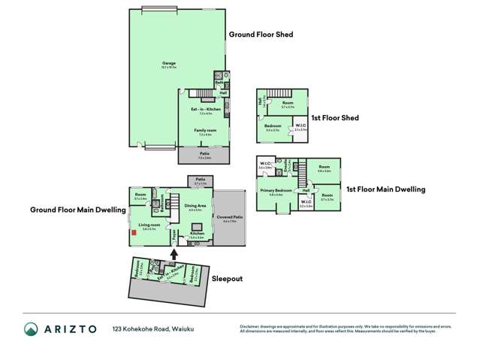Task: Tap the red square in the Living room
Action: (134, 232)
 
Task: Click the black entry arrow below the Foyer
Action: (175, 253)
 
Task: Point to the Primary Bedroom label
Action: (276, 191)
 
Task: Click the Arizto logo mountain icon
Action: (32, 329)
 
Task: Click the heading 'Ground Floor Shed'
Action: (261, 34)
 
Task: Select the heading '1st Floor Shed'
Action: (334, 117)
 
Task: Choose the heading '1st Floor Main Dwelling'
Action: (385, 189)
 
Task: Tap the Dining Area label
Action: (195, 206)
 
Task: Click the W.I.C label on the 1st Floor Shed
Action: (300, 126)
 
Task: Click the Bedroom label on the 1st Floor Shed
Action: (272, 126)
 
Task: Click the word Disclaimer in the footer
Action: (250, 326)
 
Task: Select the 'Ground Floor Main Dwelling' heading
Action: (77, 210)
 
